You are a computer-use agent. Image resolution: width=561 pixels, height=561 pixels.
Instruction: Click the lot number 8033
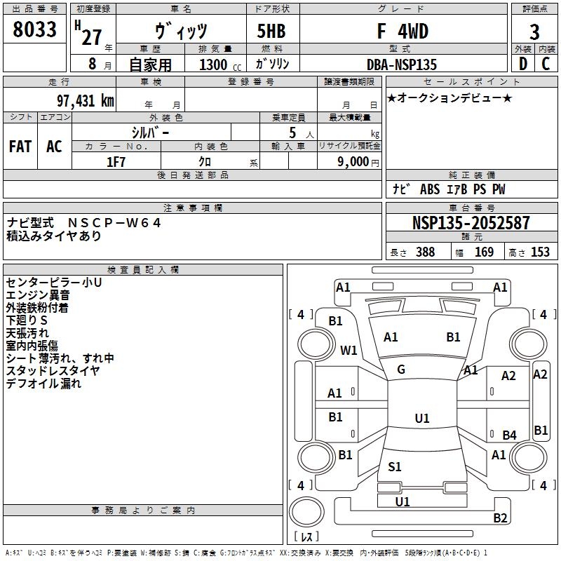click(x=35, y=30)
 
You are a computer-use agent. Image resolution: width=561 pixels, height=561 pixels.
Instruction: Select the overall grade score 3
click(x=534, y=32)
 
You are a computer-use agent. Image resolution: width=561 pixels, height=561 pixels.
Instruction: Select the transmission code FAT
click(x=20, y=146)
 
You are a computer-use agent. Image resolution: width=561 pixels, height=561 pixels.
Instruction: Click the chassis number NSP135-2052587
click(x=471, y=223)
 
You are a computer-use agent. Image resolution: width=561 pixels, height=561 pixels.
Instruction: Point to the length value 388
click(x=425, y=252)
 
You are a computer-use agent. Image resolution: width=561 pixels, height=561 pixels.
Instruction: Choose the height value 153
click(x=540, y=252)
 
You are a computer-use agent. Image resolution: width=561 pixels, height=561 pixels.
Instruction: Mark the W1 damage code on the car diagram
click(x=349, y=350)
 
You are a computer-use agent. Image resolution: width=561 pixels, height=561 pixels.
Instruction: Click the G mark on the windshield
click(x=401, y=370)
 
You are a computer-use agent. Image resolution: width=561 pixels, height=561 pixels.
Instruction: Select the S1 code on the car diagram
click(x=395, y=466)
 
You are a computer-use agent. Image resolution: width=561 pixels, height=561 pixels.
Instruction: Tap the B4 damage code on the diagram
click(x=509, y=435)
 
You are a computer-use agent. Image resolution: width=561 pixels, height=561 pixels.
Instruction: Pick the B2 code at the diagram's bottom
click(x=500, y=518)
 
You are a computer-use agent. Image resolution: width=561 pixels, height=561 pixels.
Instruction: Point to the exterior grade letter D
click(x=522, y=64)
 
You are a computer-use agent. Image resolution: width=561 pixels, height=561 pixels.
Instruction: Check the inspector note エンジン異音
click(x=38, y=295)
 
